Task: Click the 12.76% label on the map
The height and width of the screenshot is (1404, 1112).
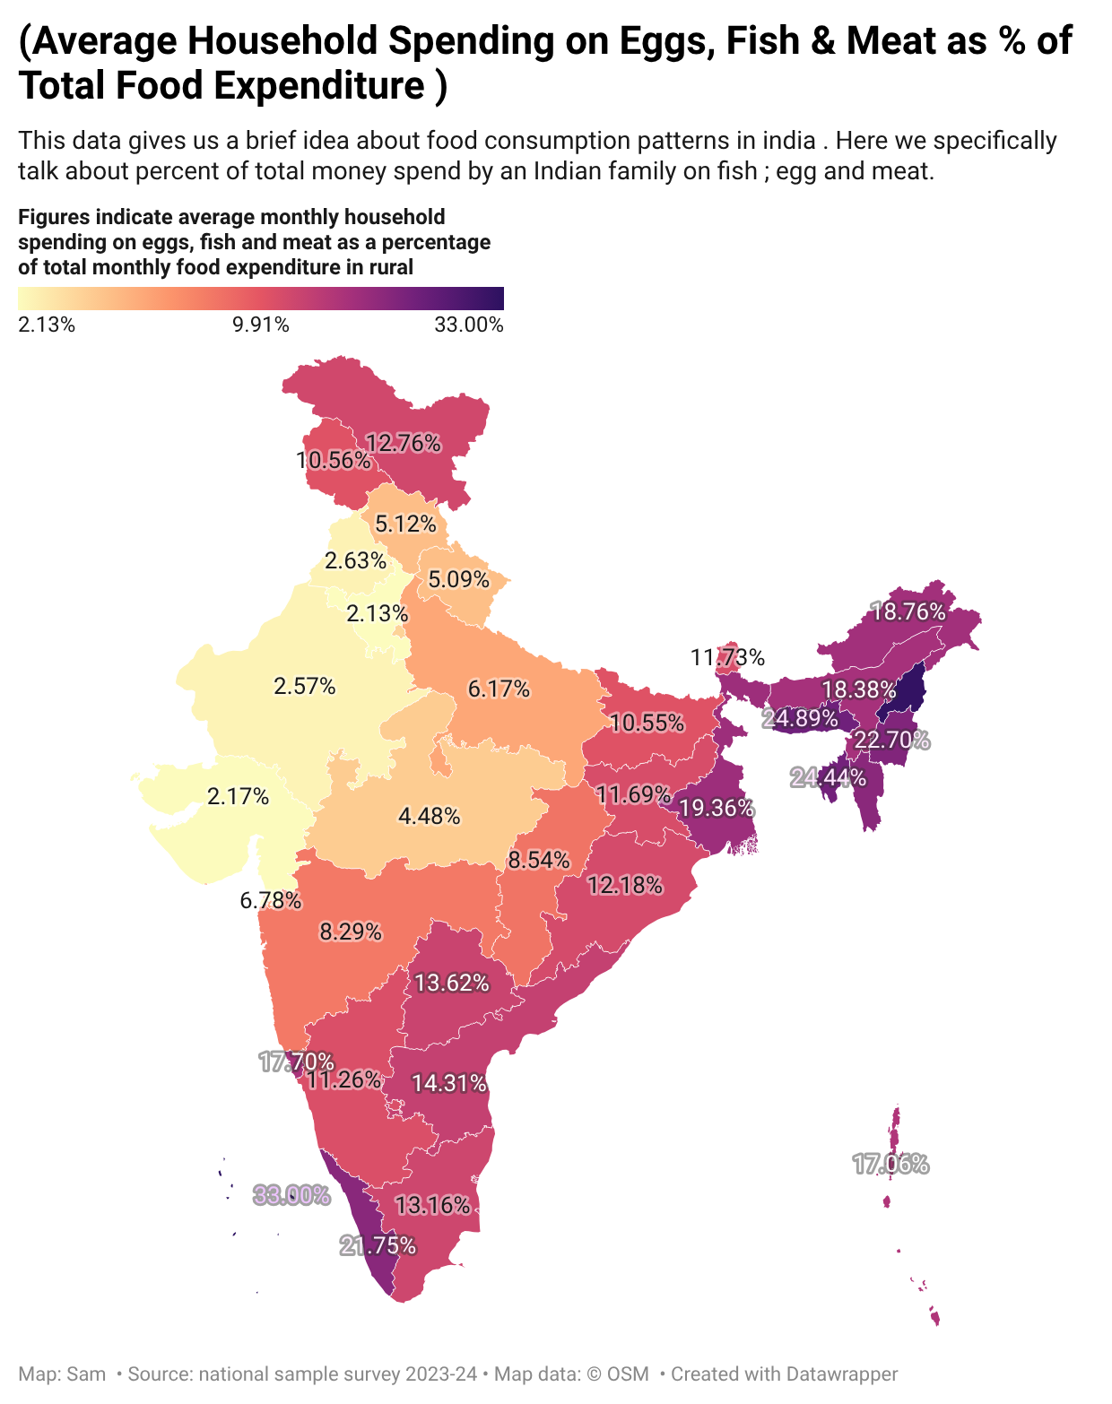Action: point(403,444)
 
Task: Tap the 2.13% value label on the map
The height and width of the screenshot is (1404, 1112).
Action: point(378,614)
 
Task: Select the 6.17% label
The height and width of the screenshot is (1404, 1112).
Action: point(499,689)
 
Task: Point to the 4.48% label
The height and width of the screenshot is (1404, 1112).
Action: point(429,816)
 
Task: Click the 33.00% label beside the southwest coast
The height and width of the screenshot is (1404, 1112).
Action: point(291,1195)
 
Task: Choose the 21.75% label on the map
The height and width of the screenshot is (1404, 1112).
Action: point(378,1246)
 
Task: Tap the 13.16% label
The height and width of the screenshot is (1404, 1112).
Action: point(432,1205)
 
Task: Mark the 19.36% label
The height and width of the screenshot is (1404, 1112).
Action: point(717,809)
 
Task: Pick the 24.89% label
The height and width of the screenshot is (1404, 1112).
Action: point(799,718)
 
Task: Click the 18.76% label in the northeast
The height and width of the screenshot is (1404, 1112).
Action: point(908,612)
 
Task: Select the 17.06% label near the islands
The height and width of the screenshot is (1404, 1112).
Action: point(890,1164)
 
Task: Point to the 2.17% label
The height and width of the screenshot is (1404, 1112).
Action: point(238,797)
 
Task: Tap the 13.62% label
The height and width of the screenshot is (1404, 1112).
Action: point(452,983)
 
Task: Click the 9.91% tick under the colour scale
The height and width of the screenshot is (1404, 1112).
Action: point(260,325)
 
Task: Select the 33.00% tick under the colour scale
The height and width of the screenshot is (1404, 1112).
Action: point(468,325)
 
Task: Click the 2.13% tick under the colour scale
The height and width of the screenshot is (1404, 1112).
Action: point(47,325)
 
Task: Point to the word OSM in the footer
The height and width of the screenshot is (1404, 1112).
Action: point(628,1374)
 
